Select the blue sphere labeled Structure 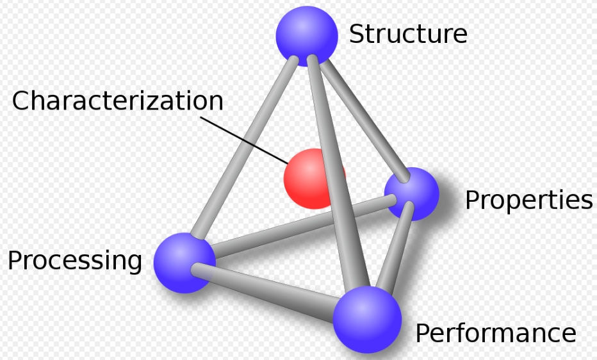point(306,36)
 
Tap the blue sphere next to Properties point(411,193)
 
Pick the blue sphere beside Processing point(184,263)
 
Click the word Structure point(407,34)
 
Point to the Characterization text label point(117,101)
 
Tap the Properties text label point(528,200)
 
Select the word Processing point(74,261)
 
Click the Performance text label point(495,333)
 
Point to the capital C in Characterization point(22,101)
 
